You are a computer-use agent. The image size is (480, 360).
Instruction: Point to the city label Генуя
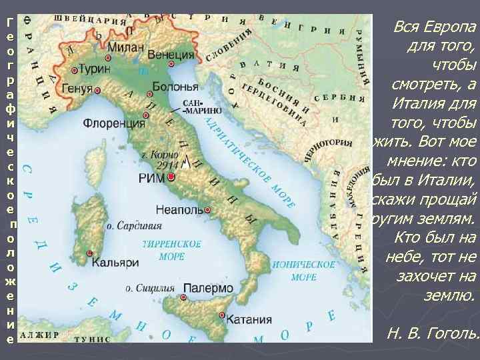tap(77, 89)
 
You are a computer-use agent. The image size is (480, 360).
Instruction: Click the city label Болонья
tap(175, 86)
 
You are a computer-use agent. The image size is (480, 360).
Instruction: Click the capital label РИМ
tap(151, 177)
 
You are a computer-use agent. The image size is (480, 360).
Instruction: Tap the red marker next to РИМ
tap(171, 177)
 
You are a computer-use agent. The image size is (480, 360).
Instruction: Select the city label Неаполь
tap(181, 208)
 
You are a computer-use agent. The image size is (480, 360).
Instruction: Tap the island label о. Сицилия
tap(150, 289)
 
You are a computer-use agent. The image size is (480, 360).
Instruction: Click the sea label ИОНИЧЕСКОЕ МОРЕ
tap(295, 270)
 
